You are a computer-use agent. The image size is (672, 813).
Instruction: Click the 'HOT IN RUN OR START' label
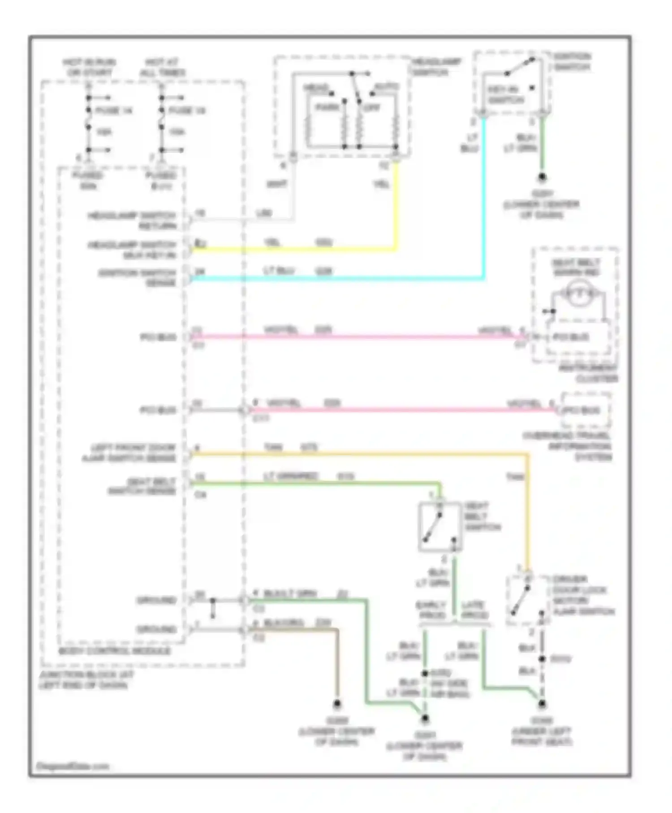point(89,67)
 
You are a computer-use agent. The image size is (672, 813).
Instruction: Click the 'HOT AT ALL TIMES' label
point(162,67)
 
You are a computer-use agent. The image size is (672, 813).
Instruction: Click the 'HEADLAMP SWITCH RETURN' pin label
point(133,221)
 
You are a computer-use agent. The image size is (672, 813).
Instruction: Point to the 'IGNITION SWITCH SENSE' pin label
point(138,277)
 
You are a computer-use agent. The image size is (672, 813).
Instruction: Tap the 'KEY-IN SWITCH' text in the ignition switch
point(505,95)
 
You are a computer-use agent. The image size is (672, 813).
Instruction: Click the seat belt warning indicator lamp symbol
point(578,294)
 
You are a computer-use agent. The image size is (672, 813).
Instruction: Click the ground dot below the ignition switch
point(542,177)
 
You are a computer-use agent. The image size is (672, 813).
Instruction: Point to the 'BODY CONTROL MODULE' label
point(115,651)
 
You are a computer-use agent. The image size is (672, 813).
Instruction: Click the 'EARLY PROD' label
point(431,610)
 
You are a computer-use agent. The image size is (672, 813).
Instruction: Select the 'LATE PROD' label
point(475,610)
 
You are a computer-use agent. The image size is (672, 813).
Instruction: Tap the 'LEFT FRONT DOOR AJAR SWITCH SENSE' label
point(130,453)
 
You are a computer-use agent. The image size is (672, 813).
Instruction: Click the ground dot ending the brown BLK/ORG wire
point(337,704)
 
